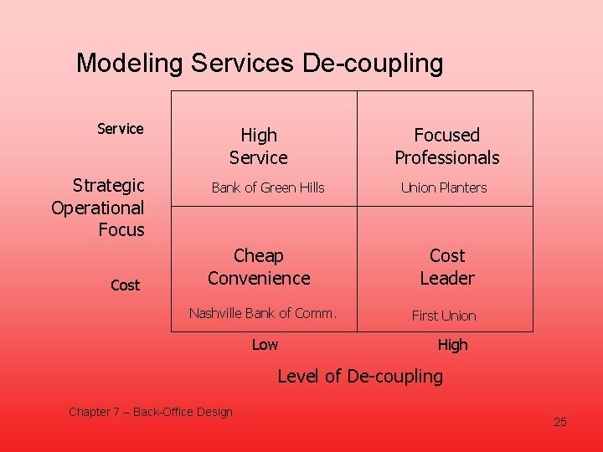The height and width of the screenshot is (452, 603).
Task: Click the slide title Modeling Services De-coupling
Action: point(260,64)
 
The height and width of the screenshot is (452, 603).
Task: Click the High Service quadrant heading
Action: point(259,146)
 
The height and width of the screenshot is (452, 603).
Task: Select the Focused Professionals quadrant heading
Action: point(447,146)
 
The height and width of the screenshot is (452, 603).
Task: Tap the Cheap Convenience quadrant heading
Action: point(259,267)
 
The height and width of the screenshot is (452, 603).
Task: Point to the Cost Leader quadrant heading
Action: point(447,267)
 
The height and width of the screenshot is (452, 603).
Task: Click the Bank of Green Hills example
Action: point(268,187)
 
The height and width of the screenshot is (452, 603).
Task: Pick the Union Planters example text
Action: point(444,187)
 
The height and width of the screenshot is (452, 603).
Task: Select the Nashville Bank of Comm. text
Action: point(263,313)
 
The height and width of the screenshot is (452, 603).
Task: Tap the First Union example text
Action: point(444,316)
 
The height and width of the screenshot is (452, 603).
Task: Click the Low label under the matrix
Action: point(265,345)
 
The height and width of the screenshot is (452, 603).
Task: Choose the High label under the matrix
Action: point(452,345)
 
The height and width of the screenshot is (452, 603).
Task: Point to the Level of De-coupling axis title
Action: point(360,377)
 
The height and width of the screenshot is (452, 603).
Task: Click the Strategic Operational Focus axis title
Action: point(99,208)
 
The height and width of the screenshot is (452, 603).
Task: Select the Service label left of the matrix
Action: point(121,129)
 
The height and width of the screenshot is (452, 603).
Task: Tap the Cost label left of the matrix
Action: point(125,285)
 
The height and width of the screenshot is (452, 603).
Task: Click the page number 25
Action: point(560,422)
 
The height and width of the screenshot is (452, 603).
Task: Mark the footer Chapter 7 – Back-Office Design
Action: point(151,412)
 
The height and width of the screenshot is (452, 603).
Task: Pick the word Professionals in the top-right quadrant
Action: point(447,158)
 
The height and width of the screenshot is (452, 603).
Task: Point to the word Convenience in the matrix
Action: point(259,279)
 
